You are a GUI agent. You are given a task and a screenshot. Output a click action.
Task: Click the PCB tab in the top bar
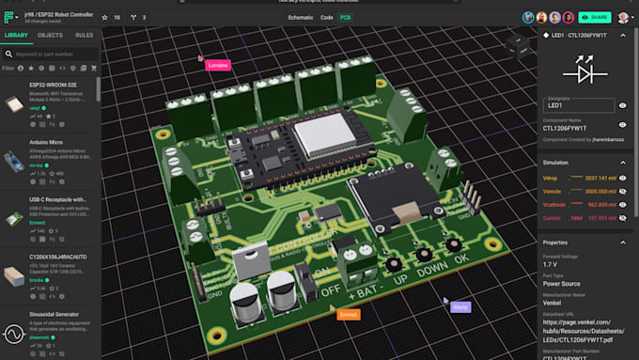[x=345, y=17]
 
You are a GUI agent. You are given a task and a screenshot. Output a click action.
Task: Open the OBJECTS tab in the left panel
[x=50, y=35]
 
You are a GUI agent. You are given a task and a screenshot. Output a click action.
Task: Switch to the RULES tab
[x=84, y=35]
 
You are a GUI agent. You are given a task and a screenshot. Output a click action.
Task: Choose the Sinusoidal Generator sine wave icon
[x=14, y=332]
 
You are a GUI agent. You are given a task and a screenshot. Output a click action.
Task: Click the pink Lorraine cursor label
[x=219, y=65]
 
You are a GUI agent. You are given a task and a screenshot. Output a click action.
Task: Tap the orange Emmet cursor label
[x=348, y=313]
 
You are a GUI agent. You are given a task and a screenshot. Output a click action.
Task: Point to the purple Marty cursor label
[x=460, y=306]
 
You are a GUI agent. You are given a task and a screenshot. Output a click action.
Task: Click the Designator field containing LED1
[x=578, y=105]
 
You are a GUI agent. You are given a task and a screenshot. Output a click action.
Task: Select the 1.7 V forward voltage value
[x=551, y=265]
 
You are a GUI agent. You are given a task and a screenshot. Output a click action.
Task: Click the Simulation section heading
[x=555, y=163]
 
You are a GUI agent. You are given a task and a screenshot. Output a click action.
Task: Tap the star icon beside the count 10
[x=105, y=17]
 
